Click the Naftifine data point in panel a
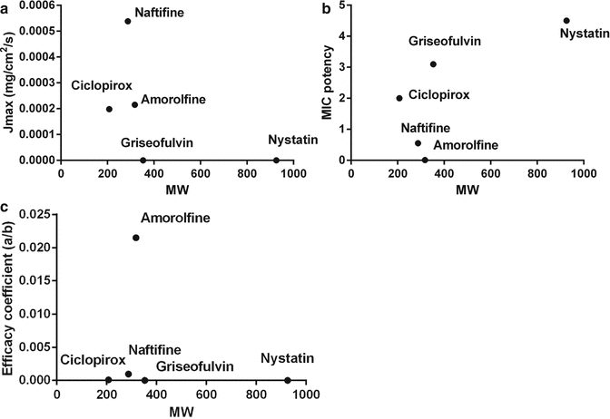pyautogui.click(x=128, y=21)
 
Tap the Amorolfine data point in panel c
pyautogui.click(x=136, y=238)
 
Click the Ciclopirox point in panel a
pyautogui.click(x=109, y=109)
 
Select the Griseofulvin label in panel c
pyautogui.click(x=194, y=366)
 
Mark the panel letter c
pyautogui.click(x=6, y=211)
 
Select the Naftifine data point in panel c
pyautogui.click(x=128, y=374)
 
